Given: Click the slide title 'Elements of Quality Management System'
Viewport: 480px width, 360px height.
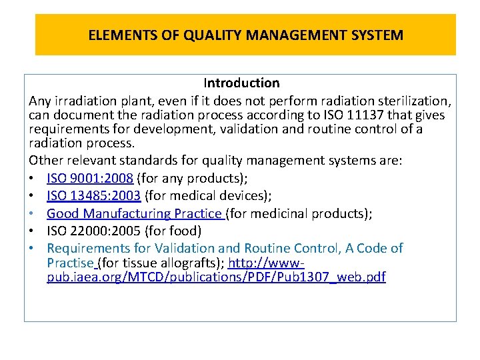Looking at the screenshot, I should click(245, 35).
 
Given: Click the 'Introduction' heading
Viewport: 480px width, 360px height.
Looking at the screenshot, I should click(241, 83).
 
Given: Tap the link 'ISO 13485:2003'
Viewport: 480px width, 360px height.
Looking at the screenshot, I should click(94, 196).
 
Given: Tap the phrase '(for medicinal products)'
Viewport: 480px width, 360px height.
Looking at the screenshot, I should click(299, 213).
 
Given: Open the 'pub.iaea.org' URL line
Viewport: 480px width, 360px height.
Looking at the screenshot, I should click(216, 277).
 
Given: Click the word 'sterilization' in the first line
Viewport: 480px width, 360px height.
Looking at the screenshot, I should click(411, 101).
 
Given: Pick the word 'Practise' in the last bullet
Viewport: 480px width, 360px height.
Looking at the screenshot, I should click(71, 263).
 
